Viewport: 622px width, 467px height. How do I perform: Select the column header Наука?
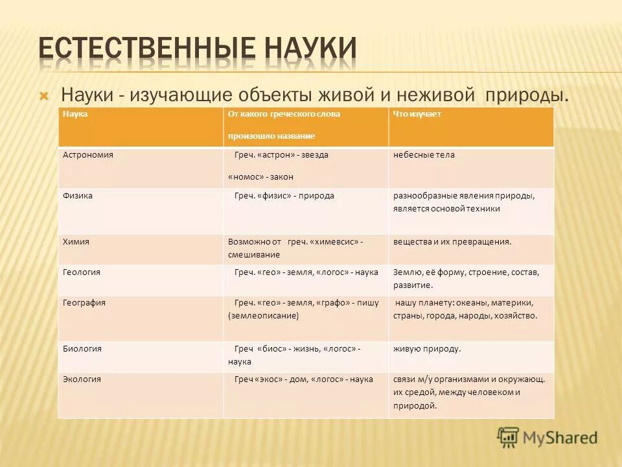click(x=76, y=114)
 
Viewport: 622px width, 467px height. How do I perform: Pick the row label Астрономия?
click(x=88, y=155)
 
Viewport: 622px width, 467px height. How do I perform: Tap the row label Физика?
click(x=78, y=195)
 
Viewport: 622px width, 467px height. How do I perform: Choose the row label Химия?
click(x=76, y=241)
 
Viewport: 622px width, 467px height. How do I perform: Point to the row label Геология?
click(x=82, y=272)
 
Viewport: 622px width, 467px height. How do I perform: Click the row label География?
click(x=84, y=303)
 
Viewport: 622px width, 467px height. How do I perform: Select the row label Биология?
click(x=82, y=348)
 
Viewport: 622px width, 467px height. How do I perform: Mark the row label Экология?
click(x=82, y=379)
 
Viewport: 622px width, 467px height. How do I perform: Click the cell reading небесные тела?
click(x=424, y=155)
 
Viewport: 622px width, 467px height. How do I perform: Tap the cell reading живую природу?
click(x=427, y=348)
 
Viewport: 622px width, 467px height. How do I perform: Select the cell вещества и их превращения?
click(x=452, y=241)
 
